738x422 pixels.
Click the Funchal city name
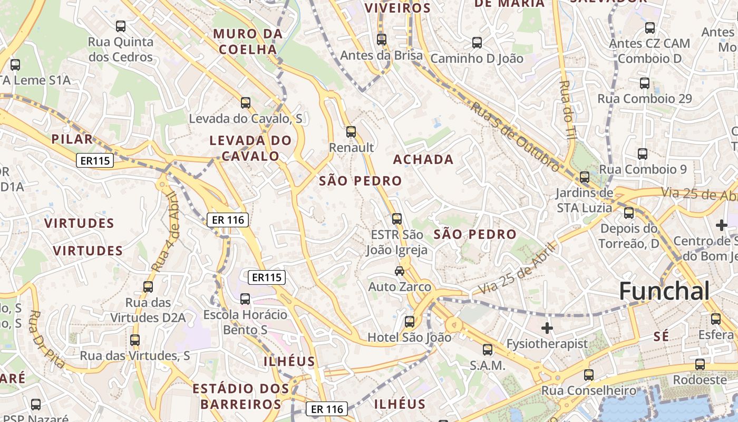pyautogui.click(x=664, y=291)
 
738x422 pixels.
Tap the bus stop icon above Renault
pyautogui.click(x=351, y=132)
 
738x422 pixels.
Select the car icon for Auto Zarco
pyautogui.click(x=400, y=271)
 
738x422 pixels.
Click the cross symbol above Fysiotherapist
pyautogui.click(x=547, y=328)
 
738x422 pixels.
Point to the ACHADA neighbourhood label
pyautogui.click(x=423, y=159)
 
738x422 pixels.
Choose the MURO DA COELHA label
pyautogui.click(x=248, y=42)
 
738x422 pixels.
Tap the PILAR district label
pyautogui.click(x=72, y=139)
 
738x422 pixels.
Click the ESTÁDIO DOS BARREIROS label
pyautogui.click(x=241, y=397)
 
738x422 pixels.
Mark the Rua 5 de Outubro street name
pyautogui.click(x=515, y=137)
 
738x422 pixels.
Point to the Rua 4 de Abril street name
pyautogui.click(x=167, y=232)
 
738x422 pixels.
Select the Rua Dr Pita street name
pyautogui.click(x=46, y=339)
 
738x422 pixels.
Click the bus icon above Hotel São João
pyautogui.click(x=410, y=321)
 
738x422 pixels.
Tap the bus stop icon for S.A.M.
pyautogui.click(x=488, y=349)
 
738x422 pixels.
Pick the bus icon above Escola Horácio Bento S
pyautogui.click(x=245, y=299)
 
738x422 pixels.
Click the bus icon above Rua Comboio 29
pyautogui.click(x=644, y=83)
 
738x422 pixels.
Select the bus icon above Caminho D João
pyautogui.click(x=477, y=43)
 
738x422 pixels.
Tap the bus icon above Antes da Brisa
pyautogui.click(x=382, y=40)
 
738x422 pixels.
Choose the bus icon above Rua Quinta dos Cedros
pyautogui.click(x=121, y=26)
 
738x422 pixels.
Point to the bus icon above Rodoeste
pyautogui.click(x=700, y=365)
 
